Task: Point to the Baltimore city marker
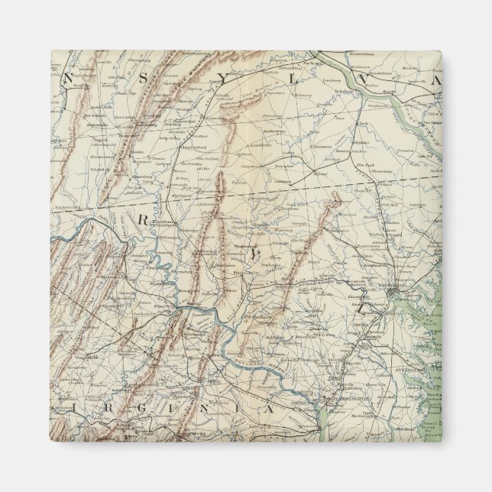tap(393, 292)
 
